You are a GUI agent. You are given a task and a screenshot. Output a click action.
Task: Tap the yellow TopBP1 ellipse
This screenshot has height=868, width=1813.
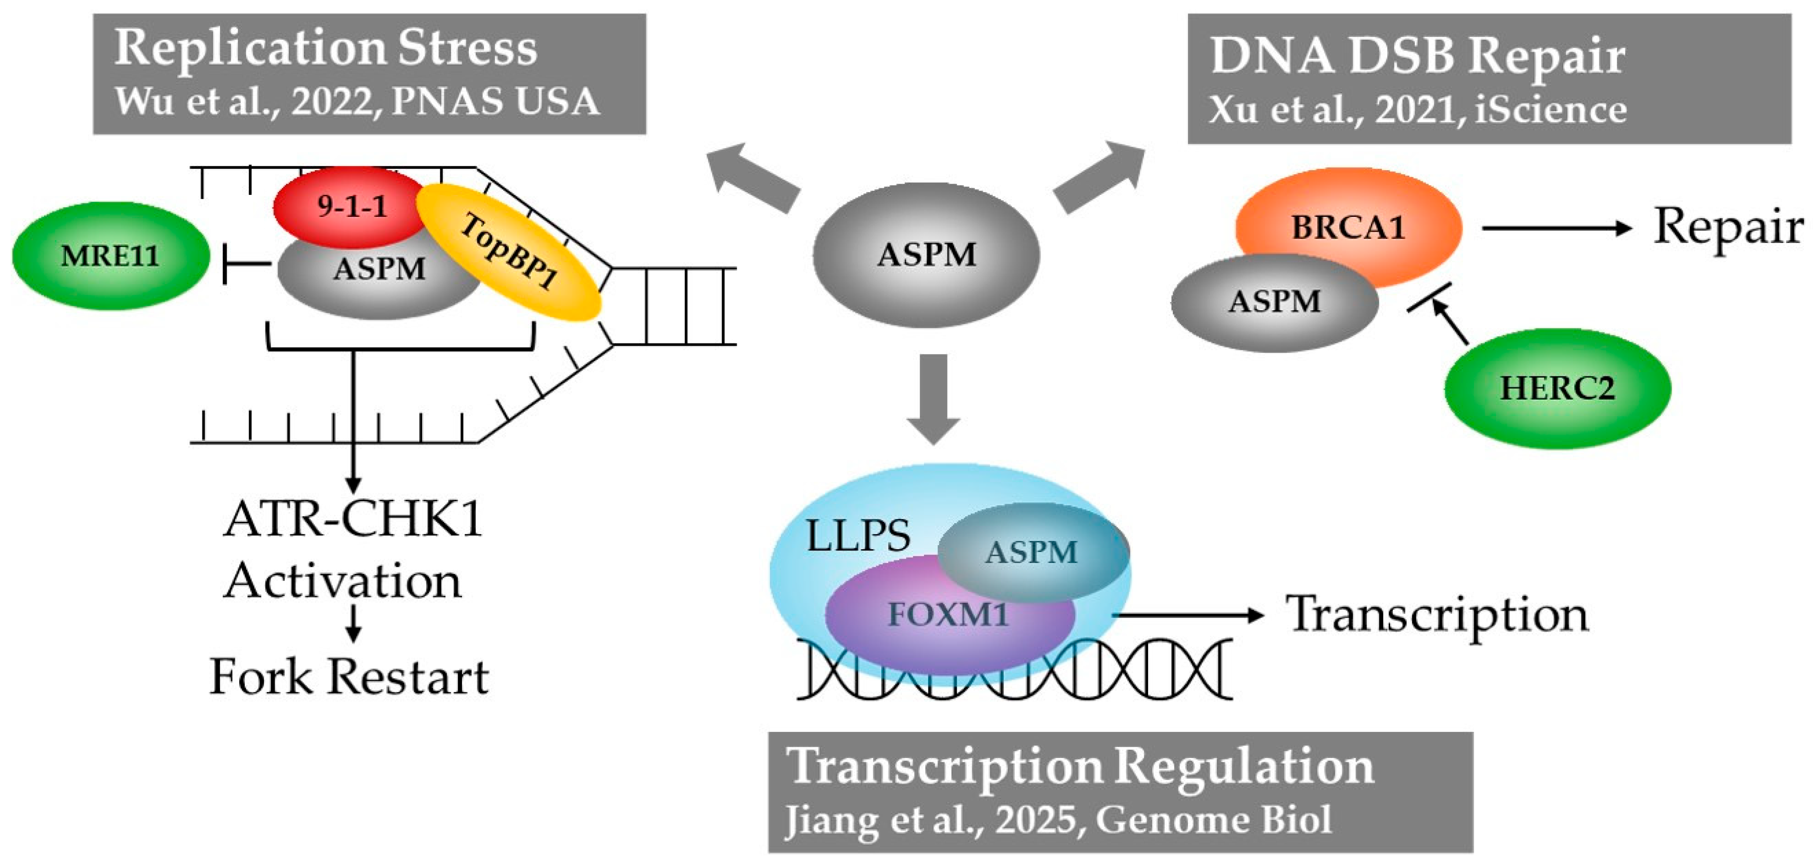[x=508, y=252]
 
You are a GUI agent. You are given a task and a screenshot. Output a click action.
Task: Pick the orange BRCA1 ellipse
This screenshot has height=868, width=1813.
[x=1348, y=227]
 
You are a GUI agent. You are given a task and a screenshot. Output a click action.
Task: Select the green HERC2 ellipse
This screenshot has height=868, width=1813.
[x=1557, y=388]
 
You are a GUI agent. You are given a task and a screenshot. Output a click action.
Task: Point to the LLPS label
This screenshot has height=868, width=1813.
[x=857, y=537]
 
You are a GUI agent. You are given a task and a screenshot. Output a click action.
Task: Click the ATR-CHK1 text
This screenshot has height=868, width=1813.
[x=352, y=520]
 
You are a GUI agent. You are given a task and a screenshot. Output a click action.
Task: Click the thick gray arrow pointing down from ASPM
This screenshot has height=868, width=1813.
[x=933, y=398]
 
